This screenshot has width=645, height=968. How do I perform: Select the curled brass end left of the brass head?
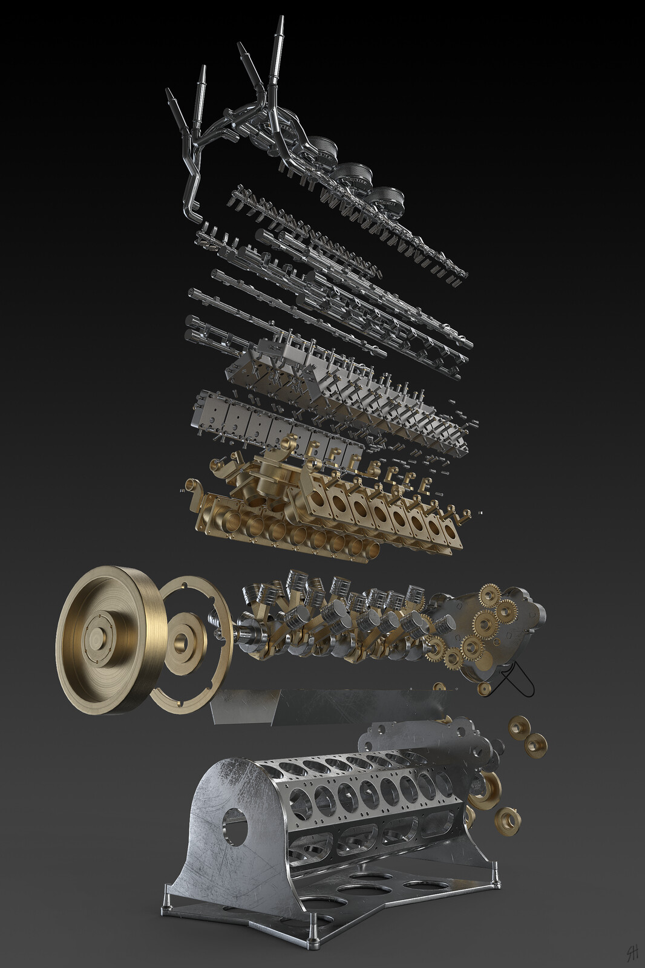(192, 486)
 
